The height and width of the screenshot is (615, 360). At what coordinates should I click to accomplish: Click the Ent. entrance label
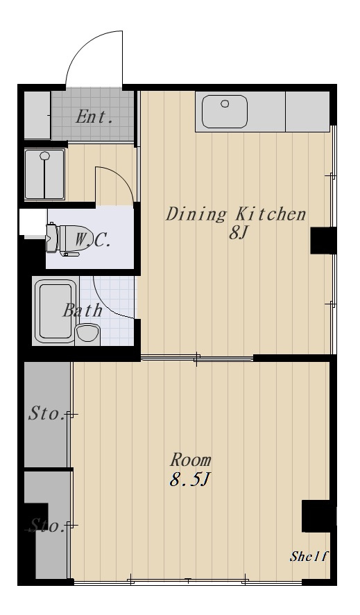94,116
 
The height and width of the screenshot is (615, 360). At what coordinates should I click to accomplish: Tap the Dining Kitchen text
235,214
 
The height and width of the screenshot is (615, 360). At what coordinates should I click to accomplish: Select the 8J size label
238,233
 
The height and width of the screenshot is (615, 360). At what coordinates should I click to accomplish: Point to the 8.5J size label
189,480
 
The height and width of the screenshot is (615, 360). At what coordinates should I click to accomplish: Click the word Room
191,460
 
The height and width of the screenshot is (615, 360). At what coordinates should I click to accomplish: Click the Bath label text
83,310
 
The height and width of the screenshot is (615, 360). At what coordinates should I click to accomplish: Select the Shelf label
309,557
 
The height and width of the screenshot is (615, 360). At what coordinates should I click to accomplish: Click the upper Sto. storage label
47,415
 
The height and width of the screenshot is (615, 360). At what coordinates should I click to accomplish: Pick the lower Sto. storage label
47,526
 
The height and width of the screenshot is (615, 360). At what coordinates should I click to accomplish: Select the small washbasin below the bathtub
88,334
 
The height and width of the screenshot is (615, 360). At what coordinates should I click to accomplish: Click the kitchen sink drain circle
225,104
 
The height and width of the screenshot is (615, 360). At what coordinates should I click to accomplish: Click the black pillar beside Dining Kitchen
323,240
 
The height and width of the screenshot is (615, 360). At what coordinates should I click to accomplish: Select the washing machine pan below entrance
45,173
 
